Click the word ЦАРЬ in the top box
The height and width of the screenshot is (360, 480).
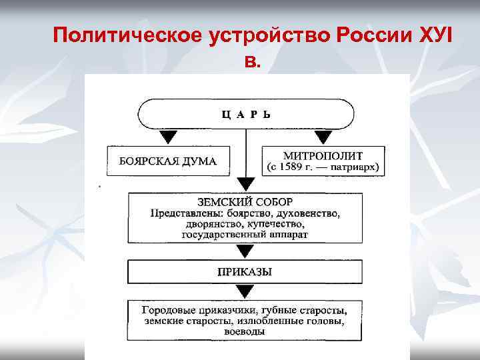[x=246, y=114]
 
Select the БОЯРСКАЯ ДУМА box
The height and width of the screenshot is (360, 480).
[x=168, y=161]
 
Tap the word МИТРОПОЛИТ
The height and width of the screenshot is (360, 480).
[x=323, y=154]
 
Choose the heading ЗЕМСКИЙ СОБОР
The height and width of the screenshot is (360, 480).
[x=245, y=202]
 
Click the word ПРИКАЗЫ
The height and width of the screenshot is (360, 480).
[x=245, y=272]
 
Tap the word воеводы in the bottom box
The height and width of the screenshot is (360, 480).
[x=245, y=331]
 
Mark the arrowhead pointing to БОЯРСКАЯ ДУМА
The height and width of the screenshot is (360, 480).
[x=169, y=137]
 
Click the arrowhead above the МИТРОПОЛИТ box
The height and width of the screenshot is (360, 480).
[x=323, y=137]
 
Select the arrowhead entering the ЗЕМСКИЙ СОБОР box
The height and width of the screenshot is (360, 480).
[x=246, y=184]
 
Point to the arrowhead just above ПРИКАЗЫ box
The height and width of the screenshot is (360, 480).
[x=245, y=252]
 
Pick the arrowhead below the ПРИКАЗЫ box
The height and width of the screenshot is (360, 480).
[x=245, y=291]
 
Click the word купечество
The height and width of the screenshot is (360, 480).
[x=275, y=225]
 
